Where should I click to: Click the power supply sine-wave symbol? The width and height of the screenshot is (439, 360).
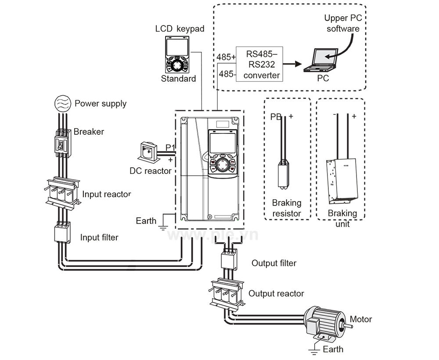63,104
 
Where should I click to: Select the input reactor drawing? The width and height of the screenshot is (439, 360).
62,193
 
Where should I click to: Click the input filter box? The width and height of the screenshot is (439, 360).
62,232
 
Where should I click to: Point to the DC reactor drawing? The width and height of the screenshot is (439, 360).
148,151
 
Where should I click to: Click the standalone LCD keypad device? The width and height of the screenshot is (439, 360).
177,55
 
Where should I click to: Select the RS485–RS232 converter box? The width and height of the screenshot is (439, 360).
259,64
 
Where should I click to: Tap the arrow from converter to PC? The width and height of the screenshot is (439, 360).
292,64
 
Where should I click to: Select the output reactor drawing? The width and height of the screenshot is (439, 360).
227,293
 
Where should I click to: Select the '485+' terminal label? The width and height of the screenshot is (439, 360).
226,57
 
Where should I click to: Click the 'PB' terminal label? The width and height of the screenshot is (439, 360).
276,117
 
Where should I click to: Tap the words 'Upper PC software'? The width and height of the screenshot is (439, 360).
343,23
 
